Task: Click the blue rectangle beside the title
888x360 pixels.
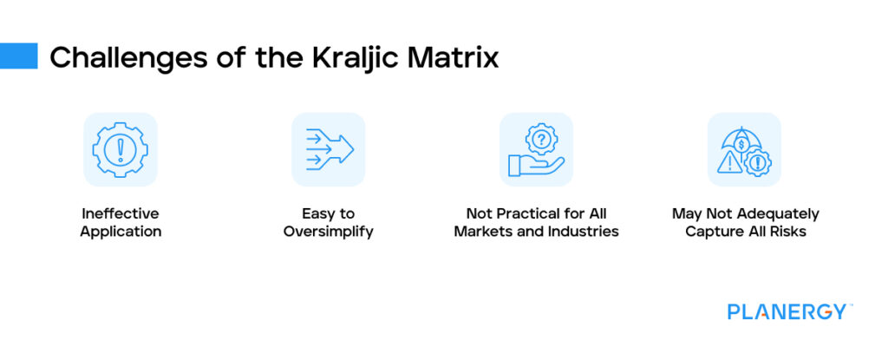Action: tap(19, 56)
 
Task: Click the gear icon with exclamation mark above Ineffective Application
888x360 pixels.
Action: tap(120, 150)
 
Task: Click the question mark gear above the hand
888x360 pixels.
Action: tap(541, 139)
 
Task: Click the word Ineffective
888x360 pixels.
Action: tap(120, 213)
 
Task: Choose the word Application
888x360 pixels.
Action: tap(121, 232)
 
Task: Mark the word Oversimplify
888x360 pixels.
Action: tap(329, 232)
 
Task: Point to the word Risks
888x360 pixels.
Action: tap(787, 232)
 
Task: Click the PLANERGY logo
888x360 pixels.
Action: tap(789, 311)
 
